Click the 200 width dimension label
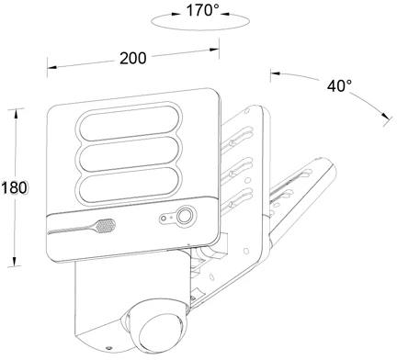tap(133, 58)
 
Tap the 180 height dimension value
tap(14, 187)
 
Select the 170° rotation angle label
tap(203, 11)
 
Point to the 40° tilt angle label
tap(339, 85)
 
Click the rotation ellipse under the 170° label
tap(200, 29)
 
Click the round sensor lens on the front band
tap(184, 216)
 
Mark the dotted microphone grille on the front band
tap(106, 226)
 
